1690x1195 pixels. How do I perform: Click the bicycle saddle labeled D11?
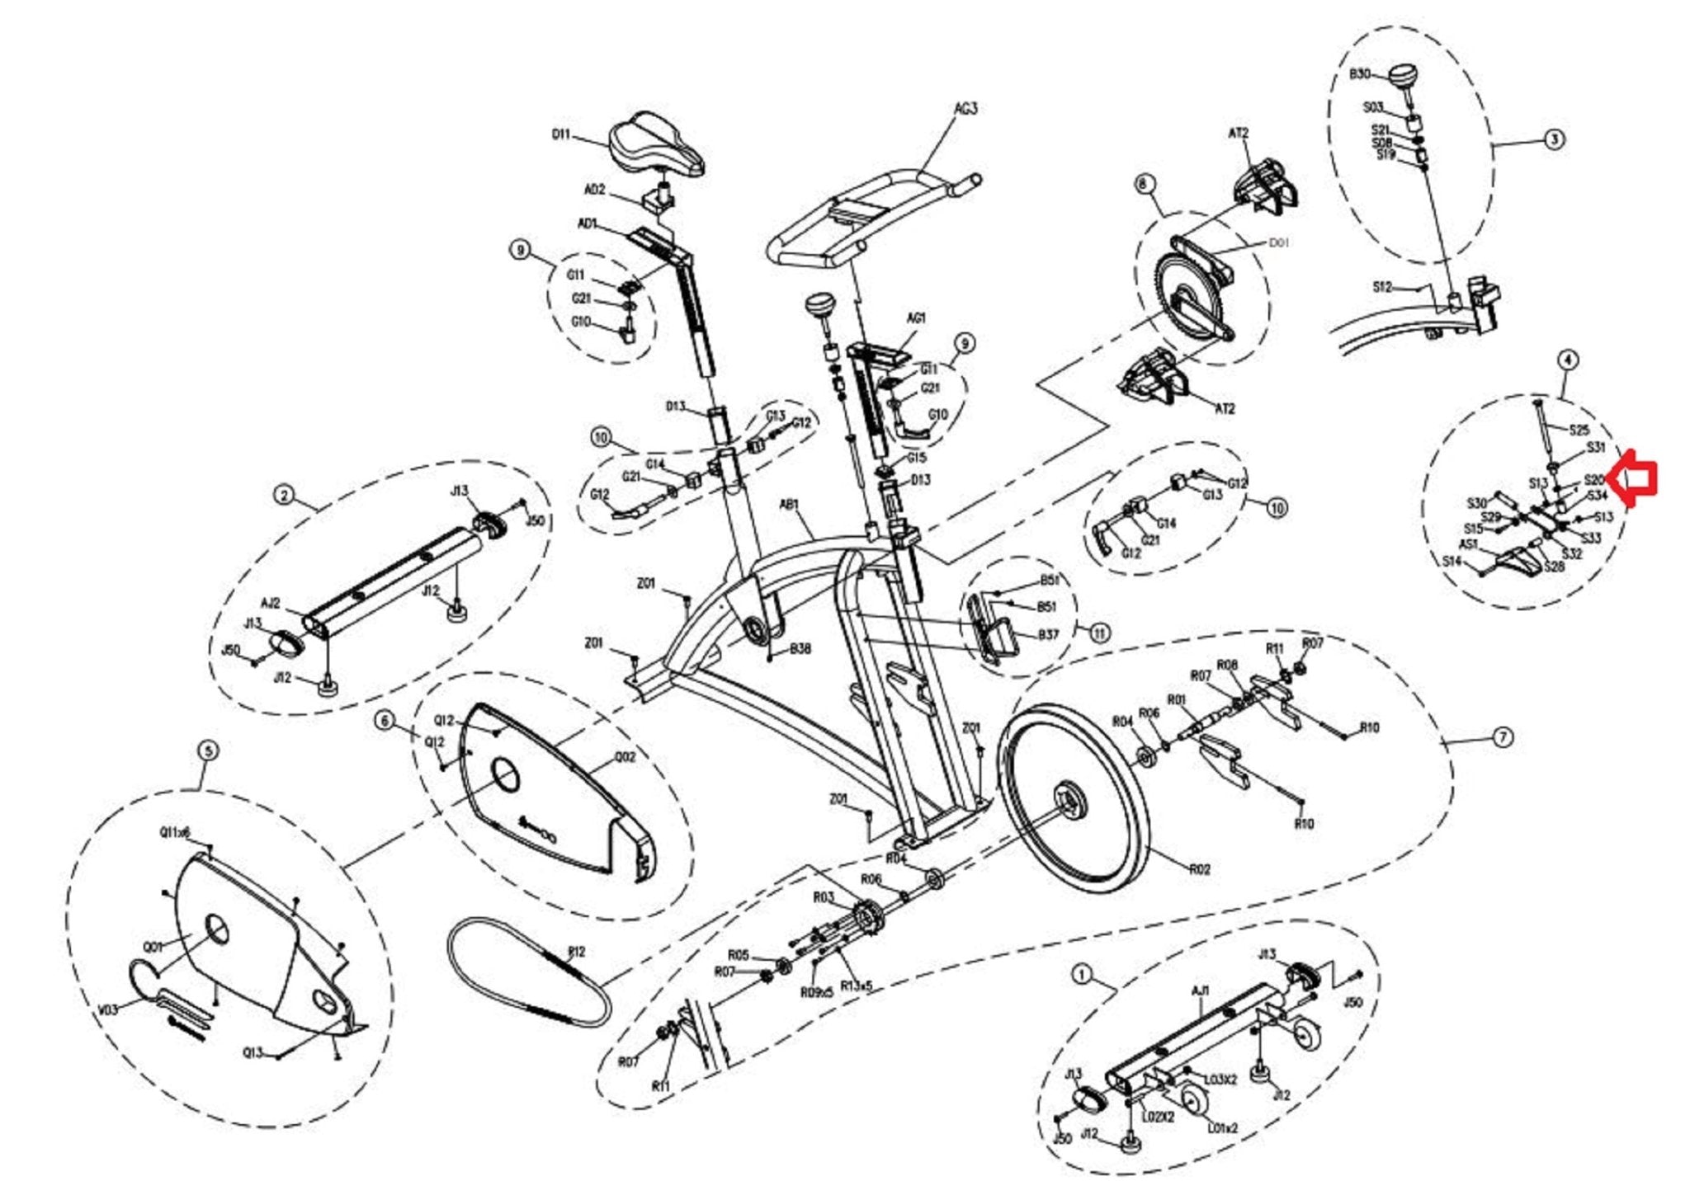coord(657,148)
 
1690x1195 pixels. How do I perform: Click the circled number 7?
coord(1504,737)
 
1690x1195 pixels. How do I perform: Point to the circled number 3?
coord(1554,139)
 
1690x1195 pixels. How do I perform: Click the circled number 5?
coord(208,751)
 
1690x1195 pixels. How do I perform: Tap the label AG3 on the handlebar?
coord(965,109)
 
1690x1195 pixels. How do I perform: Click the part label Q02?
coord(625,756)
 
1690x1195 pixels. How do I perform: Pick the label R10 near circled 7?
coord(1369,727)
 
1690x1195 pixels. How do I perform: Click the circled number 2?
coord(284,495)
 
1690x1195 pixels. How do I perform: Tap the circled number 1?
coord(1083,975)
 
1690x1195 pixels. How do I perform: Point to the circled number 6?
coord(385,722)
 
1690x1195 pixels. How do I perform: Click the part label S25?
coord(1579,430)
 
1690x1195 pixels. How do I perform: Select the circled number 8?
coord(1143,184)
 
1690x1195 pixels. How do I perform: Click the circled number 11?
coord(1100,633)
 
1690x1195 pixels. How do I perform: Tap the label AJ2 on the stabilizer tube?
coord(271,604)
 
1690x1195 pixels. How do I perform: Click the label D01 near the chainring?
coord(1278,243)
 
